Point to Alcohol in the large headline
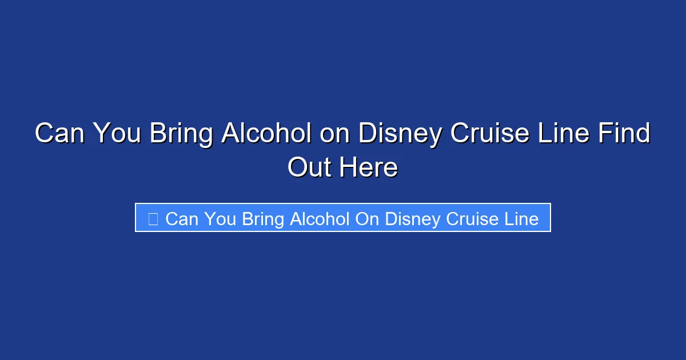click(x=266, y=134)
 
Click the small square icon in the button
click(x=153, y=219)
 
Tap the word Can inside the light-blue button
click(x=181, y=219)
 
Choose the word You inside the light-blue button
click(x=220, y=219)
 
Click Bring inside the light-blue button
click(x=264, y=219)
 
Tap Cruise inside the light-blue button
click(x=476, y=219)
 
